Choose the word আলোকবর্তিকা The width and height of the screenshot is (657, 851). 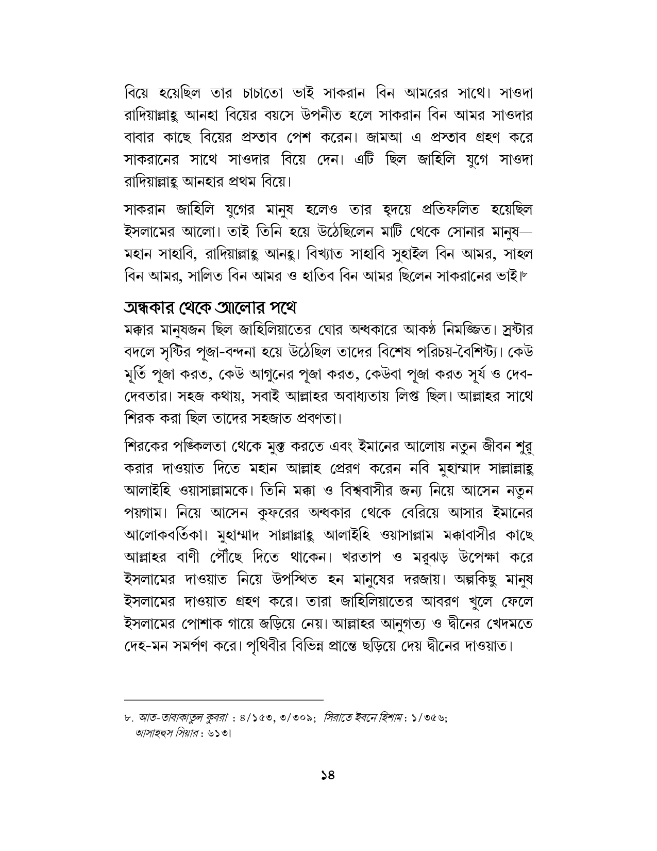pos(165,535)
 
